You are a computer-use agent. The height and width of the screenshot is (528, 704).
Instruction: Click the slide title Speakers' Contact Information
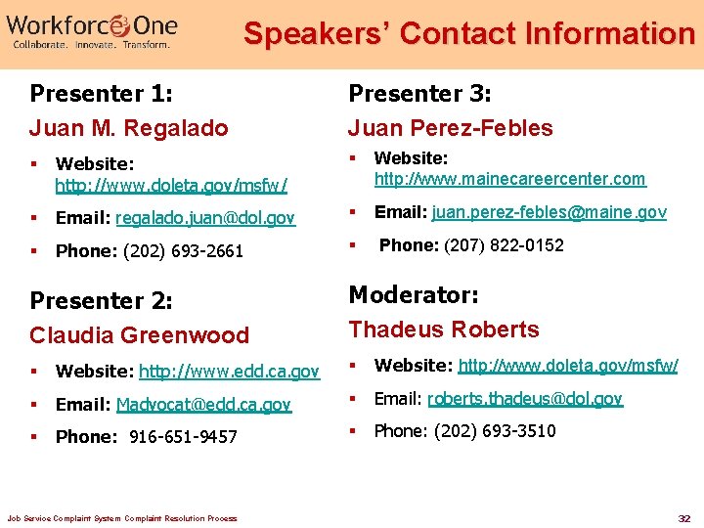(468, 33)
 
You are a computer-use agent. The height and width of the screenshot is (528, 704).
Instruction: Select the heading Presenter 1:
(102, 94)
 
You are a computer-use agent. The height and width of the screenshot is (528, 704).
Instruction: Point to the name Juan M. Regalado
(128, 128)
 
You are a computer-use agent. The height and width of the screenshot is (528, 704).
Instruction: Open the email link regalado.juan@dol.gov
(205, 218)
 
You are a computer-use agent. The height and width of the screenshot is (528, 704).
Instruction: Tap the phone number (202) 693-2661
(183, 251)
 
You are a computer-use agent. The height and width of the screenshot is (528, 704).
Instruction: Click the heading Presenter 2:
(102, 300)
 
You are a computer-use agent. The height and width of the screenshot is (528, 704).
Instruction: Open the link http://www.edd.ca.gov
(229, 372)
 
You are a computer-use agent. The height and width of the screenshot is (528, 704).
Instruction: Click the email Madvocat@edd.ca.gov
(203, 405)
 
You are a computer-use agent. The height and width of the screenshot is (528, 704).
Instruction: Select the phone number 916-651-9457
(183, 437)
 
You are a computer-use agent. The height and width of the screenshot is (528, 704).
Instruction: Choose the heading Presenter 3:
(420, 94)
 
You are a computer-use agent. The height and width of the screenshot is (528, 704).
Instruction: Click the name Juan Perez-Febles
(451, 128)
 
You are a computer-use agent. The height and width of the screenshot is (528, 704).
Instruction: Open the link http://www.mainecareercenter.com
(510, 179)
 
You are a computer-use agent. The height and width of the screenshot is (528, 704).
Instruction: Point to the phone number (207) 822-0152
(504, 245)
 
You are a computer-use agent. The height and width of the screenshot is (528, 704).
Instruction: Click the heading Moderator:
(414, 294)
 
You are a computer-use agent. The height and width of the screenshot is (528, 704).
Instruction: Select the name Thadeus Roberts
(444, 330)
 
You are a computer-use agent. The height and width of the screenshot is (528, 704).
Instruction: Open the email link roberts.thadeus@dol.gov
(525, 399)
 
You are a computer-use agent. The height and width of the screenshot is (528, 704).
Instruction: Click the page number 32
(684, 517)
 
